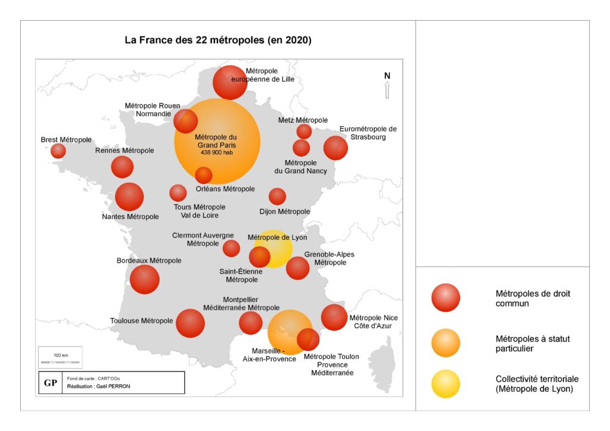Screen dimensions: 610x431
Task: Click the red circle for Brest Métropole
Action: tap(58, 151)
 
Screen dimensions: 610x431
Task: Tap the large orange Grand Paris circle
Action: tap(217, 142)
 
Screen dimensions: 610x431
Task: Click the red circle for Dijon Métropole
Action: tap(278, 196)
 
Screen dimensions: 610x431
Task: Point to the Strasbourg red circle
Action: tap(335, 148)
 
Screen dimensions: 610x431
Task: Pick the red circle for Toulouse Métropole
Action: tap(190, 323)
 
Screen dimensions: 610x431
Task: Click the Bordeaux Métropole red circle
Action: tap(144, 279)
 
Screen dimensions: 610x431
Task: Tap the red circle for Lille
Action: tap(230, 82)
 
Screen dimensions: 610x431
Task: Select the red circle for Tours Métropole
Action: tap(178, 193)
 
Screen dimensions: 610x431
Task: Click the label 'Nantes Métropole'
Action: tap(130, 217)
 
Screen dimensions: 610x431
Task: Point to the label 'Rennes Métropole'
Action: tap(125, 151)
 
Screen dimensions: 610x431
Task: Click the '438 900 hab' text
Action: tap(217, 152)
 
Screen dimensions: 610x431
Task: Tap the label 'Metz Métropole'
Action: tap(303, 120)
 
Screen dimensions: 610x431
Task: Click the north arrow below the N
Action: tap(387, 90)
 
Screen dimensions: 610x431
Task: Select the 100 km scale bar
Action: tap(60, 362)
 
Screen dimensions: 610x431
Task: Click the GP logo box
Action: tap(51, 383)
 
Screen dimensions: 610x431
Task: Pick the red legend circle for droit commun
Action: tap(446, 298)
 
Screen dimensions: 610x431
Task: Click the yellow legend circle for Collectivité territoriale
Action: tap(446, 384)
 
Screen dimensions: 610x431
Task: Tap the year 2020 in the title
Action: tap(298, 40)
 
